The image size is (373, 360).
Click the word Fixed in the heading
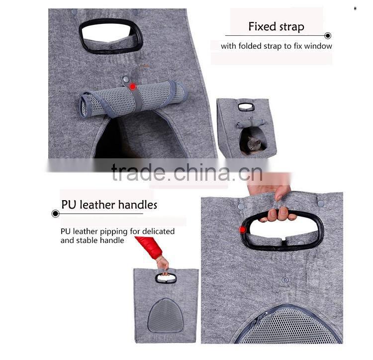(x=263, y=26)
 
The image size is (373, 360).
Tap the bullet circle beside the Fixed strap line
(x=328, y=36)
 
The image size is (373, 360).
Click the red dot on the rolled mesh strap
(x=132, y=87)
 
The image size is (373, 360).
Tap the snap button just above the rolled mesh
(x=125, y=79)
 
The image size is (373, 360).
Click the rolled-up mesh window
(x=134, y=99)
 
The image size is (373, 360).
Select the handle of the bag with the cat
(x=246, y=107)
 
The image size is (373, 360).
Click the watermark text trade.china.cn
(x=187, y=172)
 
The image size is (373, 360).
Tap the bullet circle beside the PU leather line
(x=55, y=214)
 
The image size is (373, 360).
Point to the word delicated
(x=159, y=231)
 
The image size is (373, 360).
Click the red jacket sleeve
(x=149, y=247)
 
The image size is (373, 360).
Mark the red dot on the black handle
(x=243, y=230)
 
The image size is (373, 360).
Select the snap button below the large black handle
(x=285, y=280)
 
